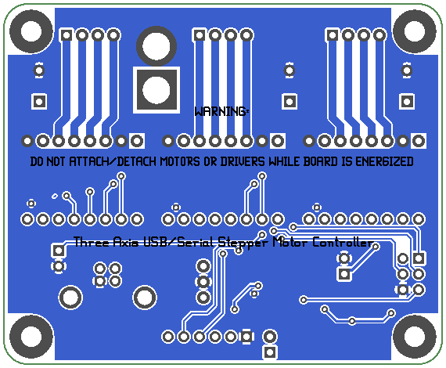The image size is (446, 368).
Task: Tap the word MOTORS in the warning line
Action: coord(180,161)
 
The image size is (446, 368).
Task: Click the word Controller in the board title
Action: coord(343,242)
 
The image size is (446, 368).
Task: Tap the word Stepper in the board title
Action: coord(243,243)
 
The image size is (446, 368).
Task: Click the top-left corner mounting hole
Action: coord(31,31)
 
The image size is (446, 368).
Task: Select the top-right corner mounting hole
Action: coord(415,31)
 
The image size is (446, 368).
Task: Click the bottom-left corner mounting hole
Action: coord(31,337)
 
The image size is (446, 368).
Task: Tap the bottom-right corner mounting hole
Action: coord(415,337)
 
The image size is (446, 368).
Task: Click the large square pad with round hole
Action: coord(156,90)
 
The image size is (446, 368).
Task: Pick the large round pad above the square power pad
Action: coord(156,46)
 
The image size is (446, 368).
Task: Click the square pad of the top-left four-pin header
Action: coord(67,35)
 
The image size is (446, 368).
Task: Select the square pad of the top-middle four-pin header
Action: coord(199,35)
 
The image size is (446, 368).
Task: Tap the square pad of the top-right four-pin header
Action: coord(333,35)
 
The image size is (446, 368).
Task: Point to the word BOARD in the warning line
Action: coord(320,161)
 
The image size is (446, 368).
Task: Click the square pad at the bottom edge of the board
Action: coord(270,352)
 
